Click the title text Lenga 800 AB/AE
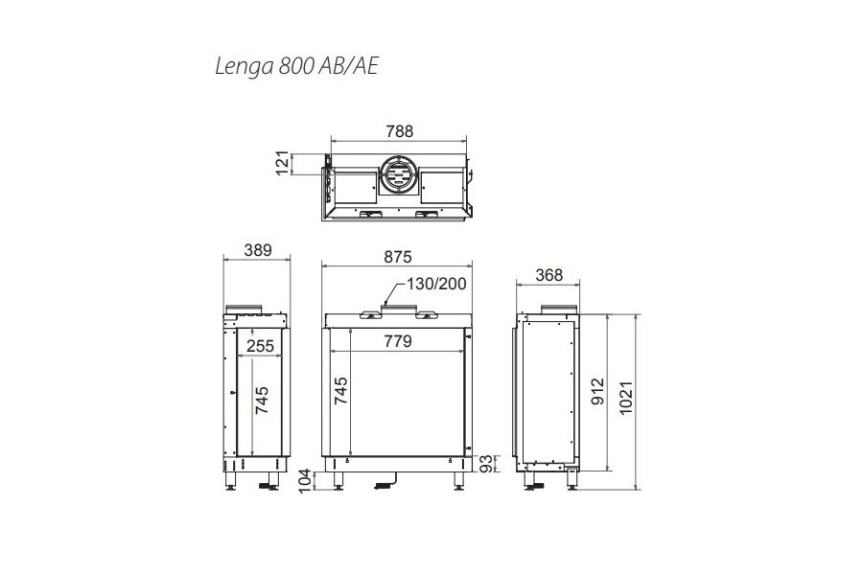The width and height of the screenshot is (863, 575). pos(296,66)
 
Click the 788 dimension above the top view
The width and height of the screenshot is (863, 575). pos(399,131)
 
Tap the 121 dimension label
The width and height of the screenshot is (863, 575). pos(282,163)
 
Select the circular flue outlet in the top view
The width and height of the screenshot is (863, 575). pos(399,174)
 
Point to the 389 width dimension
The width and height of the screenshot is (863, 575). pos(258,250)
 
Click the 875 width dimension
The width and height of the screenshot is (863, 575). pos(397,257)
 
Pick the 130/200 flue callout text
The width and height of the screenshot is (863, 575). pos(436,284)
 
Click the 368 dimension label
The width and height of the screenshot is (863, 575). pos(548,275)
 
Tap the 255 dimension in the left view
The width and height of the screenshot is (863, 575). pos(260,346)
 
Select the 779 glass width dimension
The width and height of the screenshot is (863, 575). pos(397,341)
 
